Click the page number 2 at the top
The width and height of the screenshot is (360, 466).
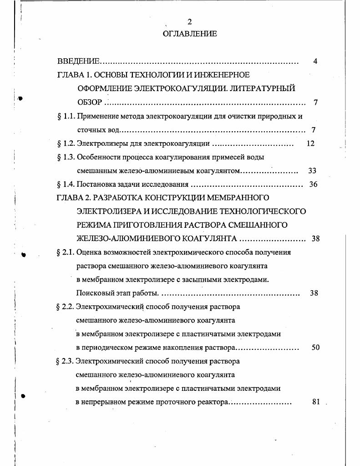tap(189, 22)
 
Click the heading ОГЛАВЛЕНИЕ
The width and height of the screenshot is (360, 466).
tap(189, 34)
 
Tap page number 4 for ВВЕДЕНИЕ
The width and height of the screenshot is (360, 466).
tap(315, 61)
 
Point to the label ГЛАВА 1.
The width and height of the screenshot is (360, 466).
tap(73, 75)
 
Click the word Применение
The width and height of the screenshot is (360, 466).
tap(97, 116)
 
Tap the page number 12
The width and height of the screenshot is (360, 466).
tap(310, 143)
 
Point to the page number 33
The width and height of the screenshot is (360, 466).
tap(312, 171)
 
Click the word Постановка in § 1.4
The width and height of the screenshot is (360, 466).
tap(96, 184)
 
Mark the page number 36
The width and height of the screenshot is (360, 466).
tap(313, 184)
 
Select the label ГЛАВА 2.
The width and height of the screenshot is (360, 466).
tap(73, 198)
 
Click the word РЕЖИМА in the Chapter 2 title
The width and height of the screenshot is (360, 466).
tap(93, 225)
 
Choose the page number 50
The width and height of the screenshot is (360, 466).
tap(315, 348)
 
